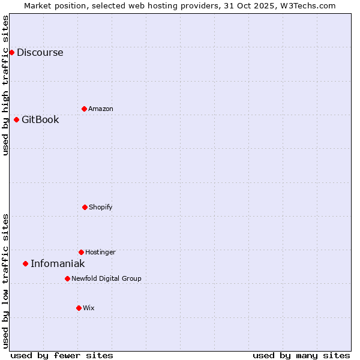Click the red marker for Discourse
[11, 52]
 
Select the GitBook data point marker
[16, 119]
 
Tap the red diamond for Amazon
[84, 109]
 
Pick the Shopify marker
[85, 207]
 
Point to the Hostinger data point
[81, 252]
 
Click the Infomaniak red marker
[25, 263]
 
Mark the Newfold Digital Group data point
[67, 278]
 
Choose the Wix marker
[79, 308]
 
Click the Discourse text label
[40, 52]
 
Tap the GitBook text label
[40, 119]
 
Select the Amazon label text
[100, 109]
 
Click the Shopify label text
[100, 207]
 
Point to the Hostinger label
[100, 252]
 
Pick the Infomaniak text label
[58, 263]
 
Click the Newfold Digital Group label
[106, 278]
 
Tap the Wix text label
[88, 308]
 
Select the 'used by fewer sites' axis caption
[62, 355]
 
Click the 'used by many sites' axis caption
[301, 355]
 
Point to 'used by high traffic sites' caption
[5, 85]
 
